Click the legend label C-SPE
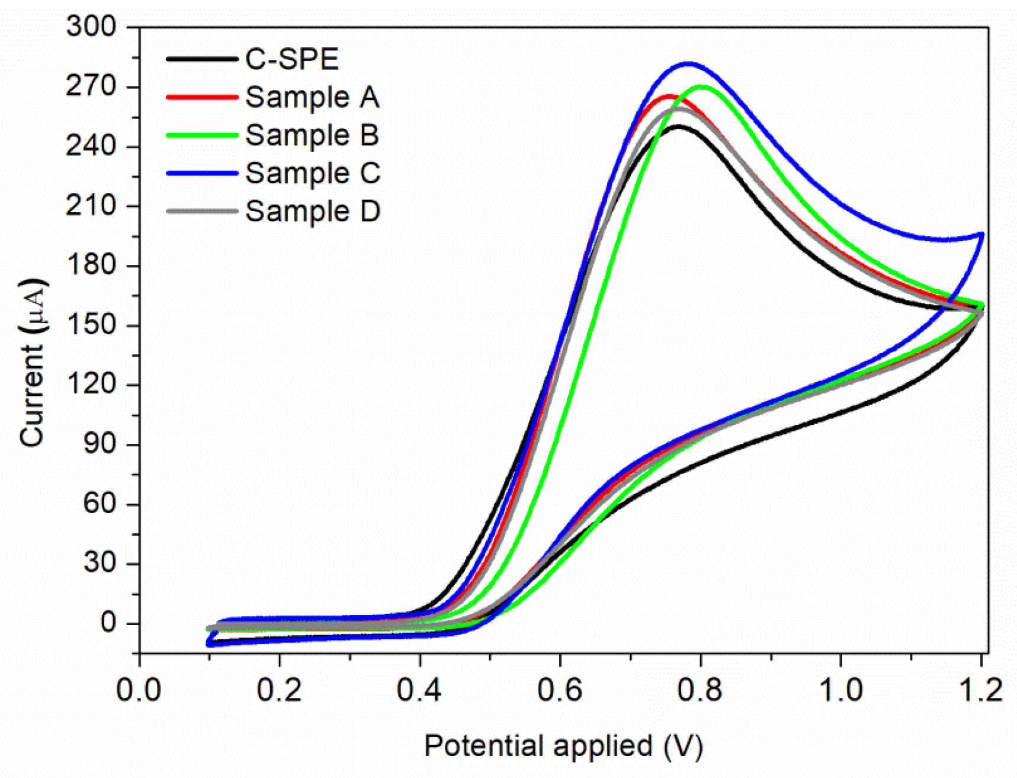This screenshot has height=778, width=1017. [x=291, y=59]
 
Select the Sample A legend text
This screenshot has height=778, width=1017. [x=312, y=97]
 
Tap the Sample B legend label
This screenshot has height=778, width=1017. [x=312, y=135]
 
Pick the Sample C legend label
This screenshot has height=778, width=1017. [x=312, y=173]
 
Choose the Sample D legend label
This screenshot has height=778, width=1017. [x=312, y=211]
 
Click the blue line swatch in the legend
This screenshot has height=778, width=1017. [x=201, y=173]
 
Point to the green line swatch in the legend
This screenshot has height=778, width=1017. [x=201, y=135]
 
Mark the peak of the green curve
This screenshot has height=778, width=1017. [x=702, y=87]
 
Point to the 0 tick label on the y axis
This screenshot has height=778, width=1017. [x=108, y=623]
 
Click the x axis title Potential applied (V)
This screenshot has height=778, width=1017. [x=563, y=746]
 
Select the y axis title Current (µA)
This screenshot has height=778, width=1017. [x=32, y=363]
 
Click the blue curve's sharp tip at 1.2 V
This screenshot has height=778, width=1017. [x=982, y=235]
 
